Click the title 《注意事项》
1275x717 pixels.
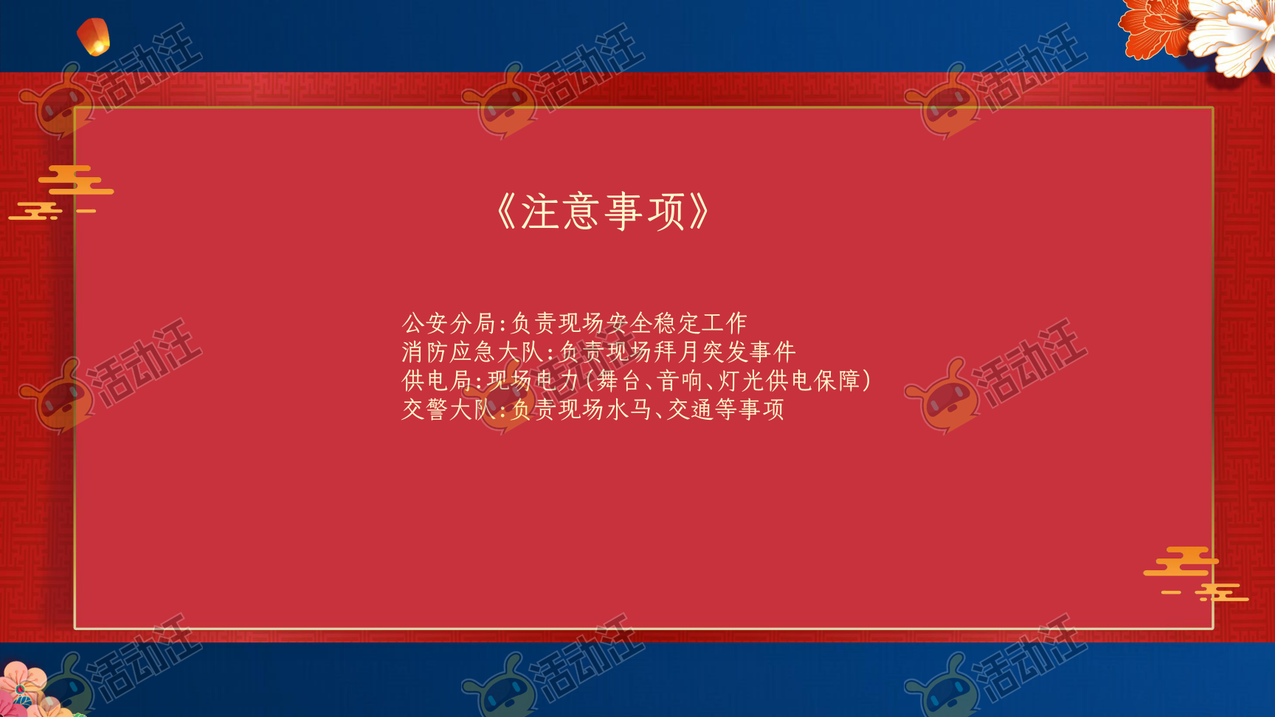coord(604,212)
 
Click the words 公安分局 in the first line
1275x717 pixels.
coord(449,323)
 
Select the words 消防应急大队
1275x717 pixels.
coord(473,352)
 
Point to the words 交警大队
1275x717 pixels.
coord(449,409)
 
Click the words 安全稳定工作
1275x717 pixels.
coord(677,323)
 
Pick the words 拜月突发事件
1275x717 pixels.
coord(726,352)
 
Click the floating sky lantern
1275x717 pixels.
coord(94,36)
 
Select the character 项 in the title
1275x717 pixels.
coord(667,212)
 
